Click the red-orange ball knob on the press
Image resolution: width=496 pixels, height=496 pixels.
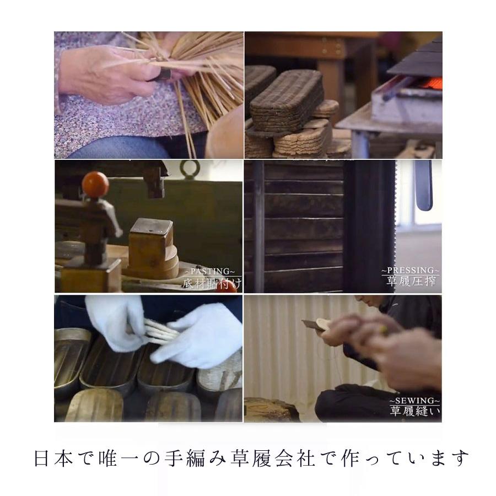(x=96, y=183)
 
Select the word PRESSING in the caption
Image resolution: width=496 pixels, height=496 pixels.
(x=411, y=271)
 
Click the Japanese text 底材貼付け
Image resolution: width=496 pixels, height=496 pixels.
(x=212, y=284)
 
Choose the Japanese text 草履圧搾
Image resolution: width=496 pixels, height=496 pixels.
(x=411, y=283)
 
